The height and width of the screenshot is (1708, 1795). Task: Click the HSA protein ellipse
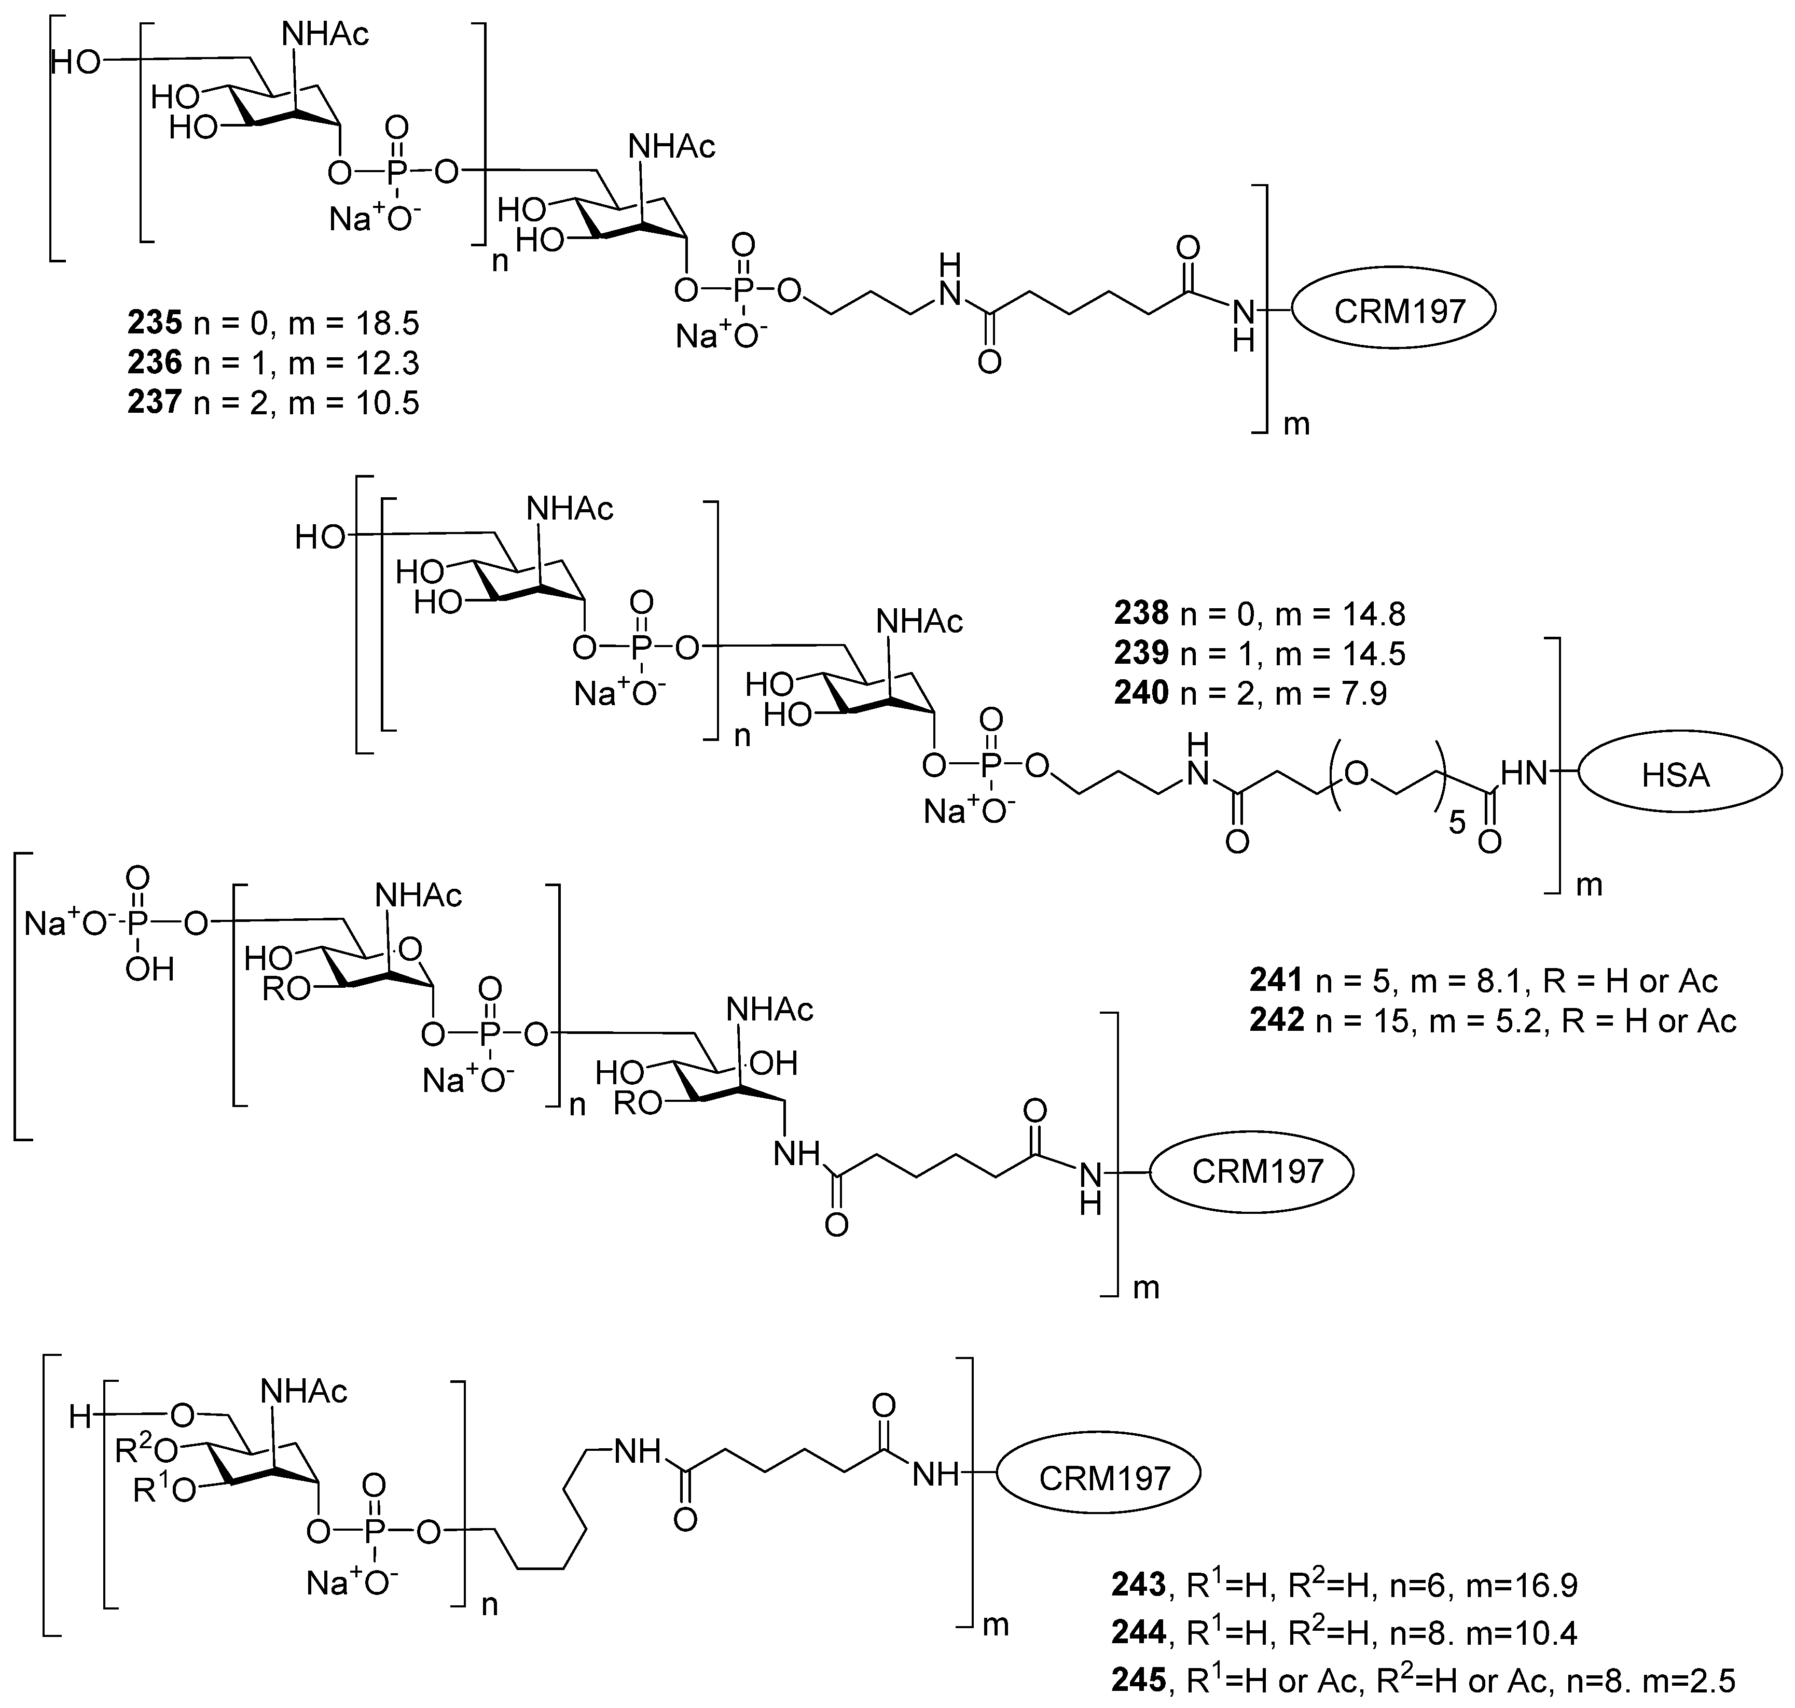point(1678,775)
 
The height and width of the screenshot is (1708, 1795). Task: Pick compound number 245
point(1138,1680)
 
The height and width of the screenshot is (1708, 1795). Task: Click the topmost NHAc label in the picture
point(325,35)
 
